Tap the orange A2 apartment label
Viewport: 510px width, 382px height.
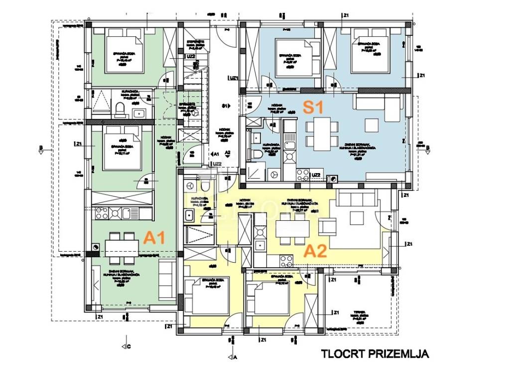point(315,250)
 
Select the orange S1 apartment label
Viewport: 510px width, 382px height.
point(314,106)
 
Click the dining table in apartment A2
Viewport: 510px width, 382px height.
point(291,229)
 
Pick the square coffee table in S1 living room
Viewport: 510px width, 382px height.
point(372,124)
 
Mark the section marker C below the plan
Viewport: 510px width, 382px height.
point(125,346)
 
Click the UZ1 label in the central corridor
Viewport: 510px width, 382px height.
point(233,78)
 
